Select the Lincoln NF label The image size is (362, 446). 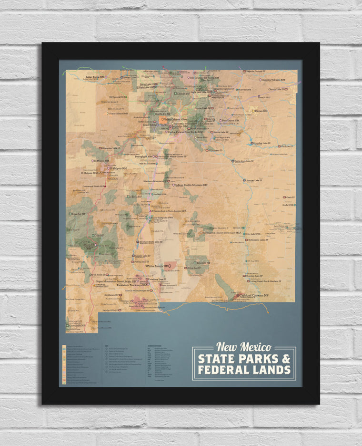coord(203,263)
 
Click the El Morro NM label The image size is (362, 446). coord(101,161)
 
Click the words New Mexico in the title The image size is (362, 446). coord(243,347)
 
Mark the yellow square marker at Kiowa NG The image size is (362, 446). coord(253,111)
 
